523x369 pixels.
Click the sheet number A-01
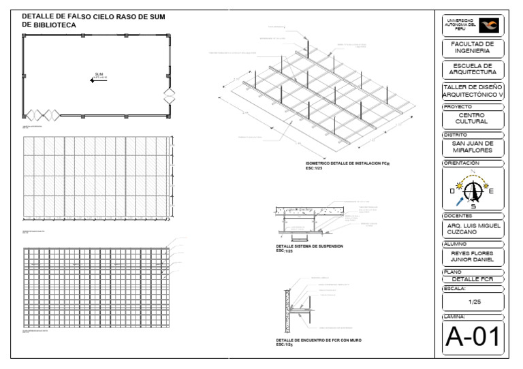click(x=473, y=337)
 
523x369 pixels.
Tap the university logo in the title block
click(x=488, y=25)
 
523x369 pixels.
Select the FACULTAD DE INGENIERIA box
click(x=473, y=47)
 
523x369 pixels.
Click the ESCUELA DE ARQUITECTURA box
click(x=473, y=69)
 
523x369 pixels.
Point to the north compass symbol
click(x=473, y=191)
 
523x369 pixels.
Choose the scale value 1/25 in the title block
click(x=473, y=301)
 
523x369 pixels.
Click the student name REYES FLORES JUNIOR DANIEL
click(x=473, y=257)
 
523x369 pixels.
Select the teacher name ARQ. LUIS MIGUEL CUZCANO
click(x=473, y=229)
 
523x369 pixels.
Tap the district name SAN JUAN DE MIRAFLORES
click(x=473, y=147)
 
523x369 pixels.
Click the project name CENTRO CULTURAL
click(x=473, y=118)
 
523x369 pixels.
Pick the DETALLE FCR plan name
click(x=473, y=279)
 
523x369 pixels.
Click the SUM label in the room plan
click(x=99, y=74)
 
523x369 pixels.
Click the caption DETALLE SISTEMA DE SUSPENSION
click(x=309, y=247)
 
